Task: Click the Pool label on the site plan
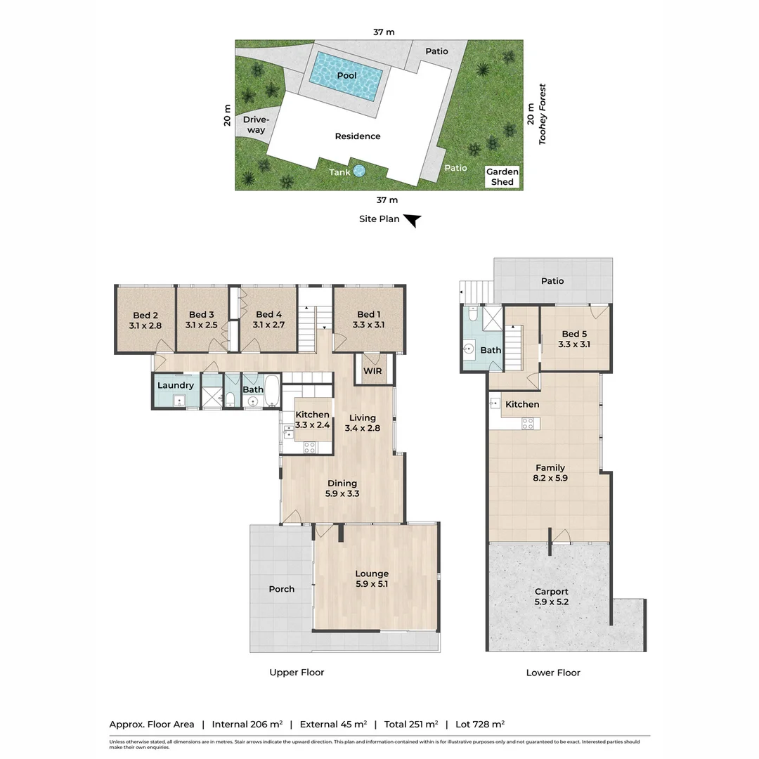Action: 346,75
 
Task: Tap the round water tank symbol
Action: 359,171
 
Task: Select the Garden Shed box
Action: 502,177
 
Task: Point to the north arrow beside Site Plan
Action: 413,221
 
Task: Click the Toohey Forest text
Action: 543,115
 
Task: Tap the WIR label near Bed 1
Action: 372,371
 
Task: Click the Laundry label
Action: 175,385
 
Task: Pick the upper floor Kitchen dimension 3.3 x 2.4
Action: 312,425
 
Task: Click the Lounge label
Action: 372,573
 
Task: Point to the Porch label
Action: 282,589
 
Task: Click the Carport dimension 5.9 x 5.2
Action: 551,602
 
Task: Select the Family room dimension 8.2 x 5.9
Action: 550,478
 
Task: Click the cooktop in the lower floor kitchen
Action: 528,422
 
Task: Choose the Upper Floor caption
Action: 297,673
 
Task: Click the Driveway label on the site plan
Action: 256,124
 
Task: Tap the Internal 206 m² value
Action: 247,724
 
